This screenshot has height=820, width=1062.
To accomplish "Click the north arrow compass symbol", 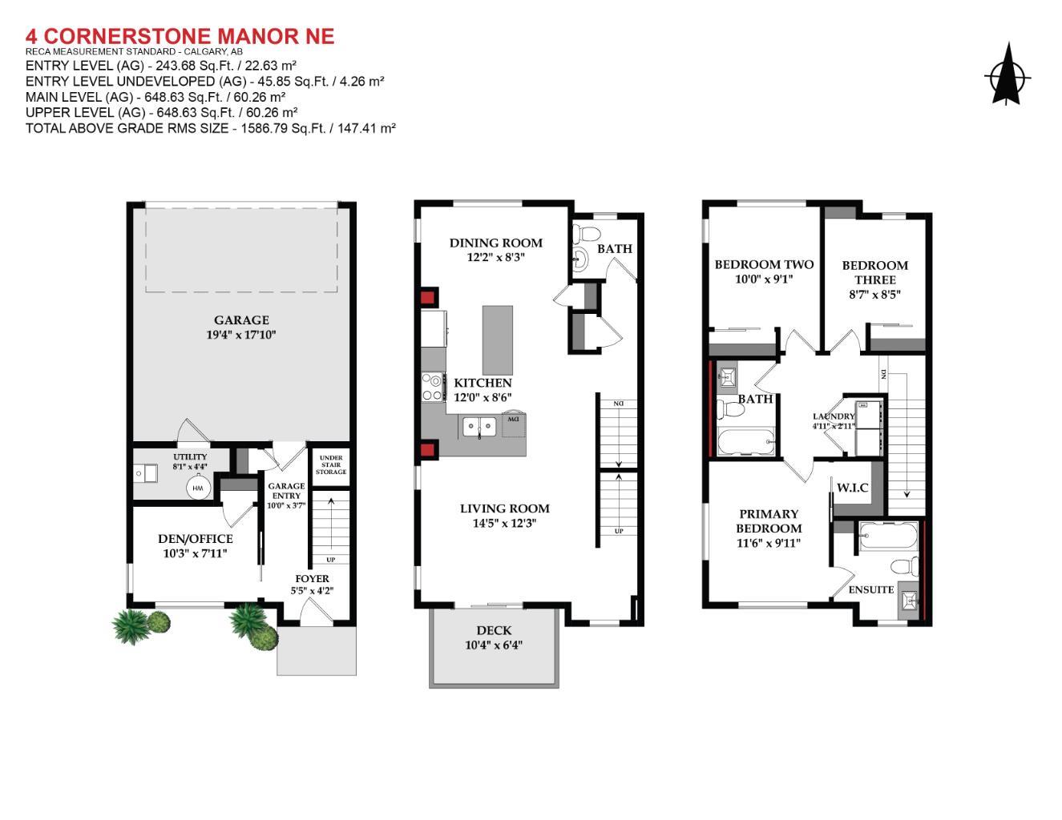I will [1007, 76].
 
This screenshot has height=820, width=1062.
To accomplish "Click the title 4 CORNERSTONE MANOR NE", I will [180, 36].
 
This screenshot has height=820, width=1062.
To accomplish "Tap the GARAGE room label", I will [241, 320].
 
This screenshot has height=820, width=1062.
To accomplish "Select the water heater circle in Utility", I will [198, 487].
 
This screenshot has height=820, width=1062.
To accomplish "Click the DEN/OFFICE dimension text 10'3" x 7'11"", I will [196, 553].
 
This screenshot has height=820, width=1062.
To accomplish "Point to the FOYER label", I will [312, 578].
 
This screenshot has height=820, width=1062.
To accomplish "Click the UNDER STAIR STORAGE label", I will [330, 464].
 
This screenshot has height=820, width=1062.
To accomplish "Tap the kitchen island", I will [497, 340].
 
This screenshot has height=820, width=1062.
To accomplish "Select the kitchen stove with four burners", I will [433, 388].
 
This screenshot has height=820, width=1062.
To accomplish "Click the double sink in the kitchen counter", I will [479, 427].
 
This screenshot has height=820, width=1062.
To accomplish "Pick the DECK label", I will [494, 630].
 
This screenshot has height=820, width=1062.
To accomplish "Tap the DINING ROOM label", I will [495, 243].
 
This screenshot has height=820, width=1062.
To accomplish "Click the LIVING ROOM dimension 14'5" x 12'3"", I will [504, 523].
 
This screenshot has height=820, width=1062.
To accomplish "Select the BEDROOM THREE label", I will [874, 272].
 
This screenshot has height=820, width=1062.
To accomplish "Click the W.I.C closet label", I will [852, 487].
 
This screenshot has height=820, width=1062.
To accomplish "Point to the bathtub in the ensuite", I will [888, 536].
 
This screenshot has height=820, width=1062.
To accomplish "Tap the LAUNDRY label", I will [834, 416].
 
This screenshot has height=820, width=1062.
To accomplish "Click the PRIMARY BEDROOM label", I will [769, 521].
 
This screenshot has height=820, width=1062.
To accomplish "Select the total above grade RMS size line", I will [211, 128].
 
